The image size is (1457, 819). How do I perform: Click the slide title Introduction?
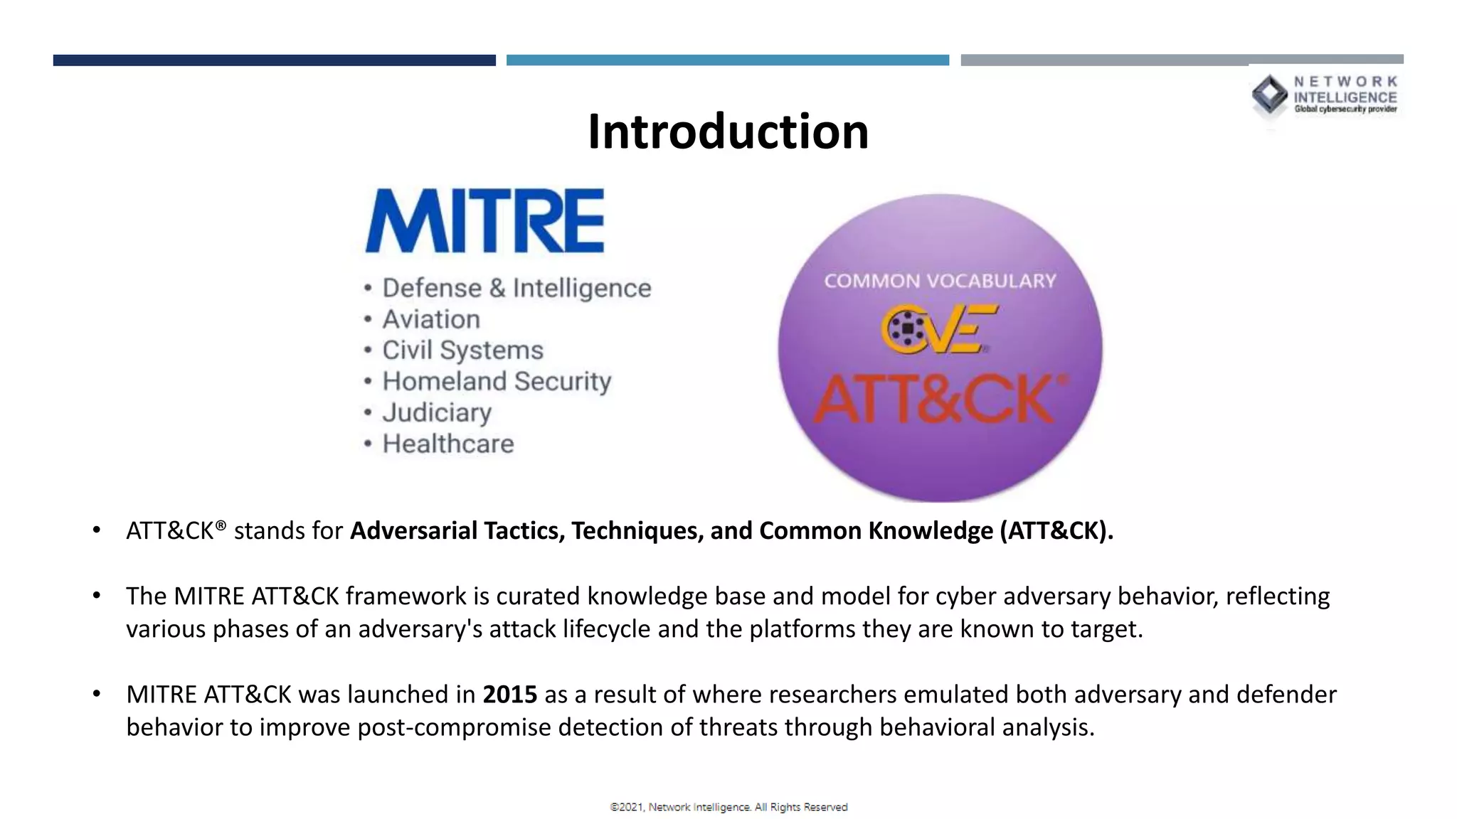(728, 132)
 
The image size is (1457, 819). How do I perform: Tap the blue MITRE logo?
(484, 221)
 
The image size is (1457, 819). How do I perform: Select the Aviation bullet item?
(431, 319)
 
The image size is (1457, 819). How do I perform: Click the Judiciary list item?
(437, 412)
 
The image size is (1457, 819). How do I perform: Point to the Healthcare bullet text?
(448, 444)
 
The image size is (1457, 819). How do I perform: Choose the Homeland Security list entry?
(497, 381)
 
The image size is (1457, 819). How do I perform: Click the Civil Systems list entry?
(462, 350)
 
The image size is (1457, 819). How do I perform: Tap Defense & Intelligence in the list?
(516, 288)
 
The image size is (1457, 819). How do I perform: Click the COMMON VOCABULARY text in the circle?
(940, 281)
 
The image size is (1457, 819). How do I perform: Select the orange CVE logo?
(938, 329)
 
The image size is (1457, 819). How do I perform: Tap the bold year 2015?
(509, 694)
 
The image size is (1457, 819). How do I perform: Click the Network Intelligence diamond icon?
(1269, 95)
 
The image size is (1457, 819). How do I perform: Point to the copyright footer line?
(728, 807)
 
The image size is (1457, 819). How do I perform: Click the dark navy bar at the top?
(274, 60)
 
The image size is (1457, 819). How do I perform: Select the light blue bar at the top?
(727, 60)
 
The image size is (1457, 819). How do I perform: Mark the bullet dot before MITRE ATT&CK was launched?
(96, 693)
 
